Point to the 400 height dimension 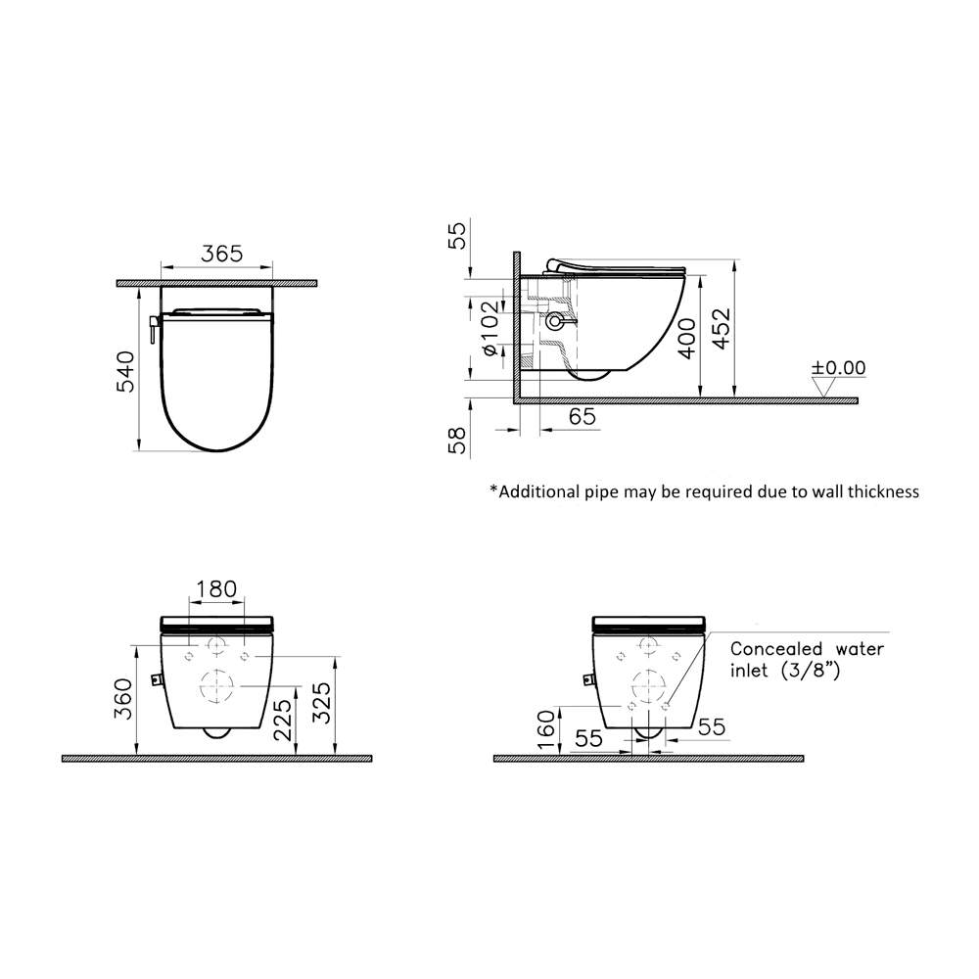(689, 337)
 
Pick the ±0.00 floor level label (838, 368)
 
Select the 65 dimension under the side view (582, 416)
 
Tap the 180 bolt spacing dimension (216, 589)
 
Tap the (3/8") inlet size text (812, 672)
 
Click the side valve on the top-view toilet (153, 329)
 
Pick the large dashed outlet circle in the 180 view (216, 685)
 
